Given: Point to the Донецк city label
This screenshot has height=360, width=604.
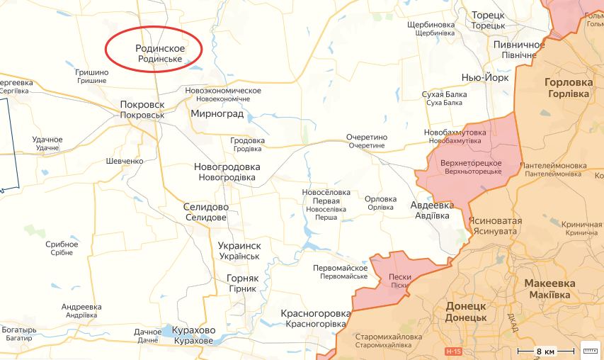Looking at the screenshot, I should tap(465, 311).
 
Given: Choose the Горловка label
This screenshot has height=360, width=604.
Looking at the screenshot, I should tap(568, 87).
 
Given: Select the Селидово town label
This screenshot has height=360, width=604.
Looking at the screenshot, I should tap(205, 212).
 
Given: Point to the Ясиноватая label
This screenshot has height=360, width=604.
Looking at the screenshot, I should tap(495, 225).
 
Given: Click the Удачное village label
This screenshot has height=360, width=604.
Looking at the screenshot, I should tap(47, 143).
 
